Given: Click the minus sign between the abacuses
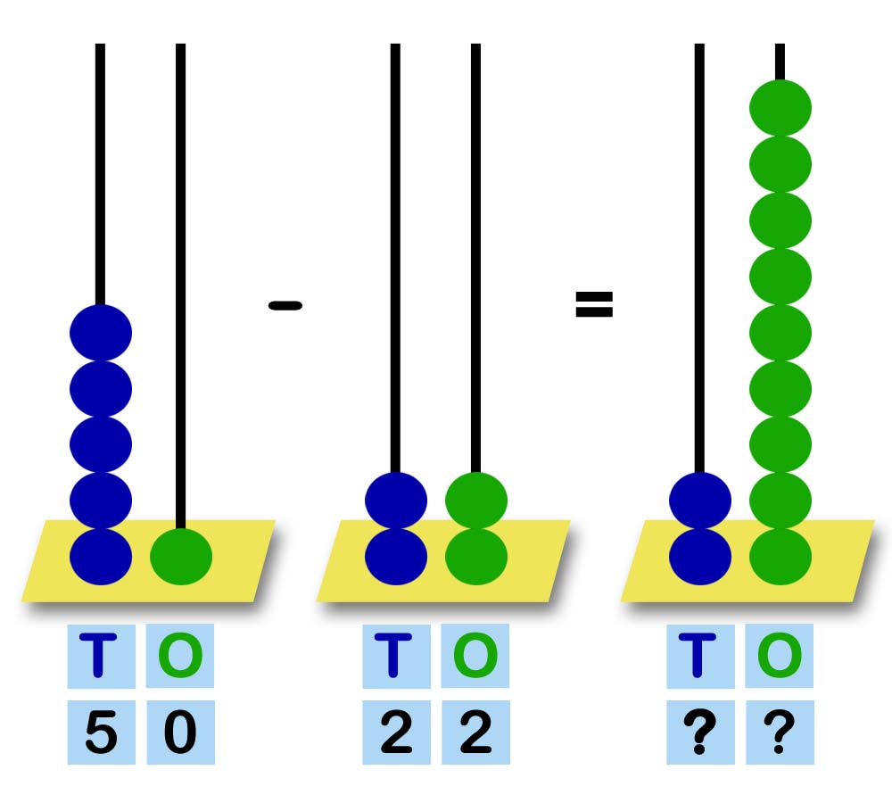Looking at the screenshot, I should click(285, 306).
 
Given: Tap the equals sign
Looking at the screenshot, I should click(594, 305).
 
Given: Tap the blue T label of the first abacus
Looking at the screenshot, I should click(101, 656).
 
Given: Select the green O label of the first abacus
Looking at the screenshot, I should click(180, 656).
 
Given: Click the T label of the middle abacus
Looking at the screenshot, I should click(396, 656).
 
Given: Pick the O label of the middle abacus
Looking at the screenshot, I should click(475, 656).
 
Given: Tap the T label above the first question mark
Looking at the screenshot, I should click(700, 656).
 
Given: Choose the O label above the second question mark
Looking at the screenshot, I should click(780, 656).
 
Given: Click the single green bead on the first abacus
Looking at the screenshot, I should click(181, 557).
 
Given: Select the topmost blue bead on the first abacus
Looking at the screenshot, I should click(101, 333).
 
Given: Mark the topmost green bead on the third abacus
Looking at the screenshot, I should click(780, 108).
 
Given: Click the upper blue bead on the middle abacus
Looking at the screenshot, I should click(396, 501).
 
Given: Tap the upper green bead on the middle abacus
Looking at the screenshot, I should click(476, 501).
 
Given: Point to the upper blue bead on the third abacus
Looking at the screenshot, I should click(700, 501).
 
